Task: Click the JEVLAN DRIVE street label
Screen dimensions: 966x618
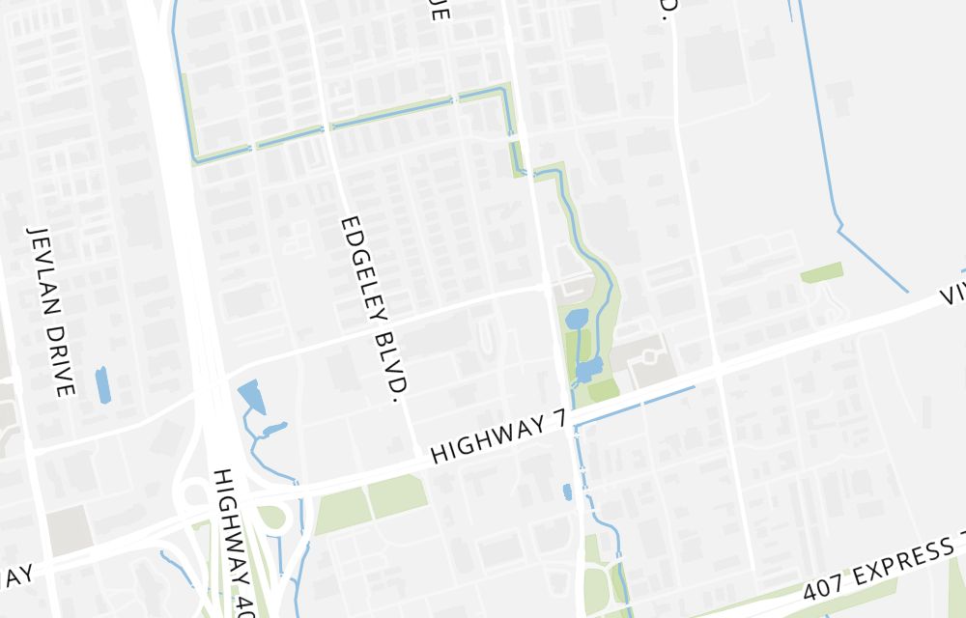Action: coord(51,312)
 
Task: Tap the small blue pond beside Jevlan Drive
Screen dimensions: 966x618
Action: coord(102,384)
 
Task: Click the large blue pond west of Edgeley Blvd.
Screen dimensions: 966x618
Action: coord(251,396)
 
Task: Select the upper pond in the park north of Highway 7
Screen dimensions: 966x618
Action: coord(576,320)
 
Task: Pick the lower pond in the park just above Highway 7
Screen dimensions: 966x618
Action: coord(588,369)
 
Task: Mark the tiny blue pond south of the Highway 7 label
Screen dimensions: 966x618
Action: coord(567,492)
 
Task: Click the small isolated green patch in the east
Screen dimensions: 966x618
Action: coord(821,272)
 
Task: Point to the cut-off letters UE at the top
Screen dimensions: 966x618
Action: coord(439,10)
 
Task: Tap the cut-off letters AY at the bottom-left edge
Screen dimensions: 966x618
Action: coord(16,576)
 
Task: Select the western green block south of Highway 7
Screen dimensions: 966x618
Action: coord(343,509)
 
